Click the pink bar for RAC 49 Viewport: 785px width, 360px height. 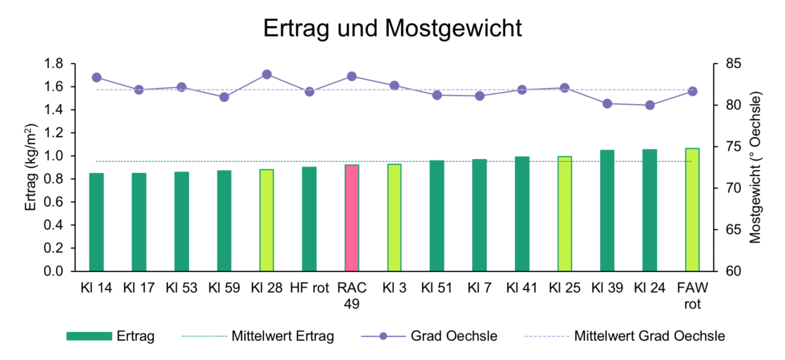(x=352, y=218)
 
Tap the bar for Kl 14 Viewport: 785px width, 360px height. (x=96, y=222)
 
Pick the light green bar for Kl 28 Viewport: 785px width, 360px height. (x=267, y=220)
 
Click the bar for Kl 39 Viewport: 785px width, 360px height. (x=607, y=210)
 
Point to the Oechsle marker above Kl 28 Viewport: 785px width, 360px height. (x=267, y=74)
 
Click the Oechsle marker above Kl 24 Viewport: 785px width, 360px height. (x=649, y=105)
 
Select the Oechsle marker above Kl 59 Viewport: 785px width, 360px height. (x=224, y=97)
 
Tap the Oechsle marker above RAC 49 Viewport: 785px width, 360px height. (x=352, y=76)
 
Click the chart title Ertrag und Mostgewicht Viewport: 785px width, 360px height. (x=392, y=28)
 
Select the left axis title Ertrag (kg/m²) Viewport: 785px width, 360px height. (x=32, y=167)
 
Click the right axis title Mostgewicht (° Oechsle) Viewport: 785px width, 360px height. (x=756, y=167)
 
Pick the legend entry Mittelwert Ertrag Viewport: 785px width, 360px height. (x=282, y=336)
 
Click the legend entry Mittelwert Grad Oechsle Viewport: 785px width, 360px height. (x=649, y=336)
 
